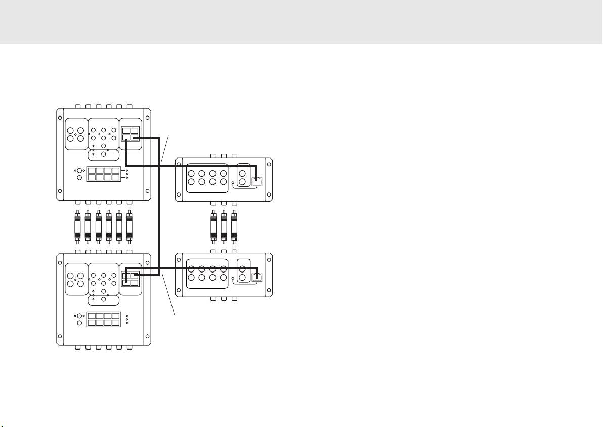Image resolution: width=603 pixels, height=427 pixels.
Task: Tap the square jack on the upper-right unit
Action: click(x=256, y=181)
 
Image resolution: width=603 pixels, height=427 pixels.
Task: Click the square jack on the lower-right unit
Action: click(x=257, y=277)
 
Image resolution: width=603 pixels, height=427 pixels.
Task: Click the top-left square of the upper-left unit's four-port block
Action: click(x=126, y=131)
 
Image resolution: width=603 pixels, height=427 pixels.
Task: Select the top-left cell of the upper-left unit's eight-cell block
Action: click(x=92, y=171)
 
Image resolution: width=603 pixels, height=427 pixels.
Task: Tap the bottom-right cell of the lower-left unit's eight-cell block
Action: click(x=115, y=323)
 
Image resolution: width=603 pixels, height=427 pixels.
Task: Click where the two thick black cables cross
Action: click(x=159, y=166)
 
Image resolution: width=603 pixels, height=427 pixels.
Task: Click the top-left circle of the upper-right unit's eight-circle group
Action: click(x=192, y=173)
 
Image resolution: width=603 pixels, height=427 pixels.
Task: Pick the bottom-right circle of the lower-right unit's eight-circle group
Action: click(x=223, y=278)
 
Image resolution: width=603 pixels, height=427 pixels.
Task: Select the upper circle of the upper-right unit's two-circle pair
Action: click(x=242, y=172)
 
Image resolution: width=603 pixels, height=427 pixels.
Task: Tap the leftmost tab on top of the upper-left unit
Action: click(x=77, y=106)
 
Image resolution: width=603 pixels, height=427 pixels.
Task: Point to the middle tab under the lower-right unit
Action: click(x=223, y=299)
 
